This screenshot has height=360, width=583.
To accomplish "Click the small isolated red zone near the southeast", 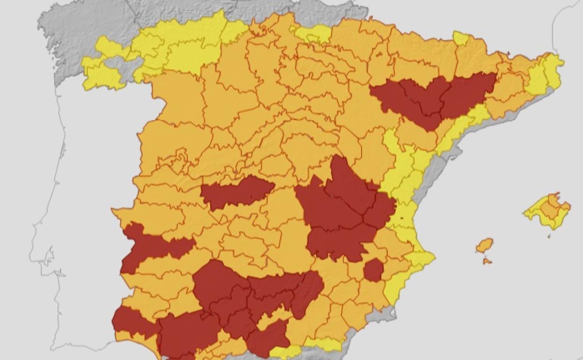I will pyautogui.click(x=373, y=270).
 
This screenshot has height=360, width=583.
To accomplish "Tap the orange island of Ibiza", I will pyautogui.click(x=484, y=245).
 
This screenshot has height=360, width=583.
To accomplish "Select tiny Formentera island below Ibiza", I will pyautogui.click(x=487, y=261).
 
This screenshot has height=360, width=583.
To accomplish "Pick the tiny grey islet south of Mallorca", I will pyautogui.click(x=549, y=236).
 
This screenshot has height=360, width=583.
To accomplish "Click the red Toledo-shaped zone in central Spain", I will pyautogui.click(x=236, y=192).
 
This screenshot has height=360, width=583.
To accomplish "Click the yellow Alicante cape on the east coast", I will pyautogui.click(x=420, y=259).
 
